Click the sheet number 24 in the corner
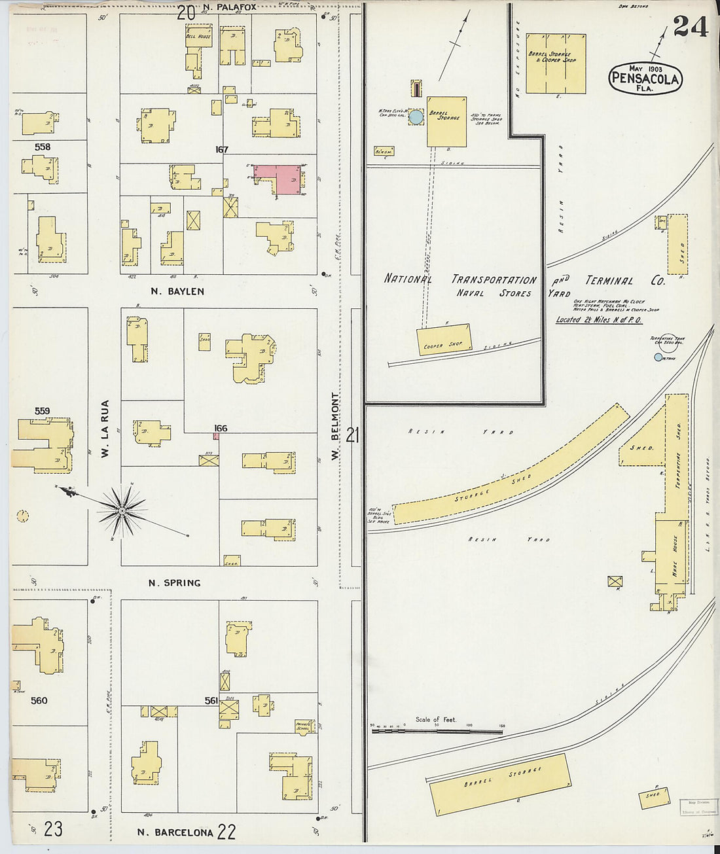pyautogui.click(x=690, y=27)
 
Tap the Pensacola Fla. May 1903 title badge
pyautogui.click(x=645, y=79)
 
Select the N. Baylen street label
pyautogui.click(x=177, y=291)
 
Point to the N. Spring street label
pyautogui.click(x=174, y=582)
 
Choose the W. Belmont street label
pyautogui.click(x=335, y=425)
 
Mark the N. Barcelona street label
pyautogui.click(x=175, y=832)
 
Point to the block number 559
pyautogui.click(x=42, y=411)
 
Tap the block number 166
pyautogui.click(x=221, y=428)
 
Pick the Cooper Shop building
pyautogui.click(x=444, y=340)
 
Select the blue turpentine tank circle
pyautogui.click(x=658, y=357)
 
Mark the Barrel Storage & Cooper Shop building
pyautogui.click(x=556, y=63)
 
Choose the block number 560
pyautogui.click(x=39, y=700)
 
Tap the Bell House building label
pyautogui.click(x=198, y=36)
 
